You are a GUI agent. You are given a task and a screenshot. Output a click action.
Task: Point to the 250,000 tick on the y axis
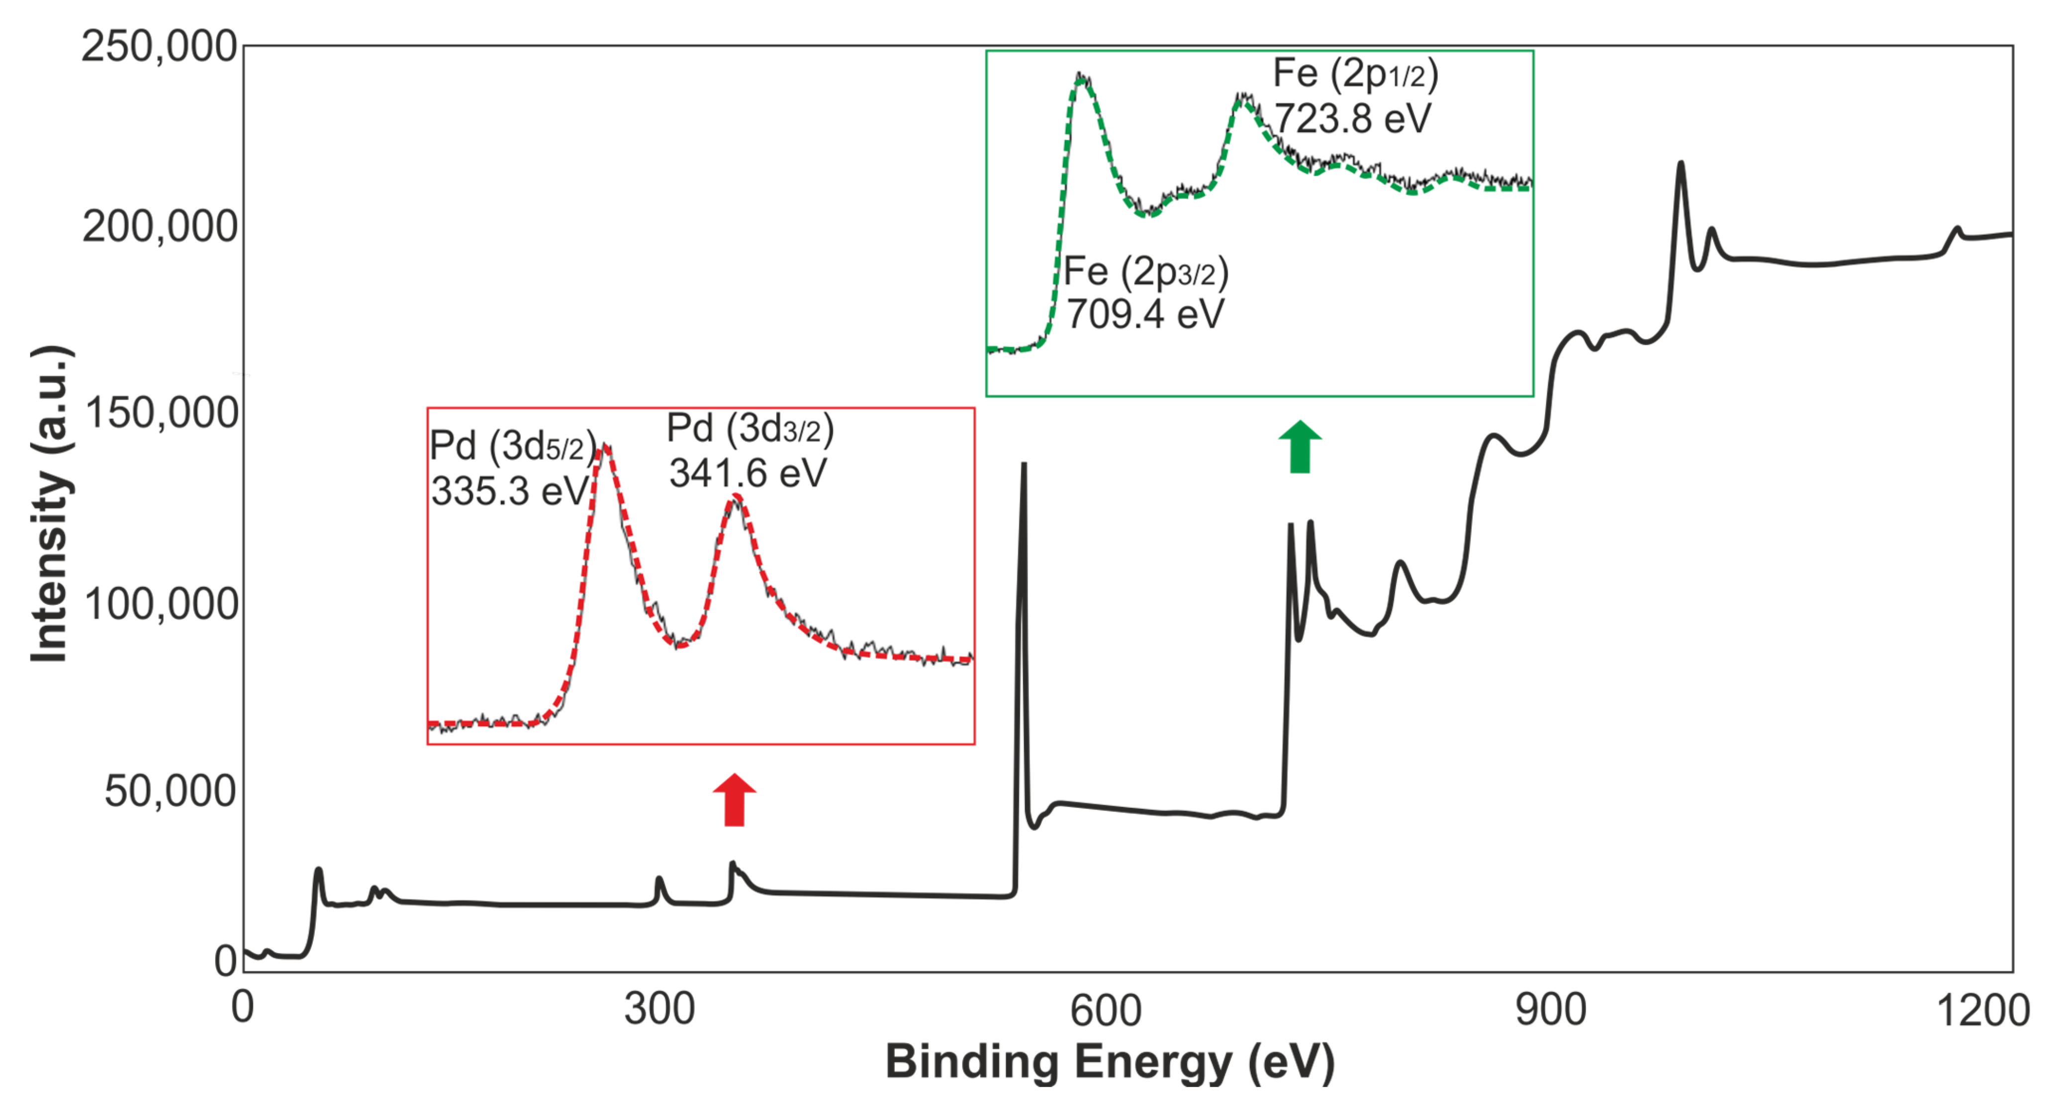pos(159,47)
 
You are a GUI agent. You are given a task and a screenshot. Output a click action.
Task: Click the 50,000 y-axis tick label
pos(170,792)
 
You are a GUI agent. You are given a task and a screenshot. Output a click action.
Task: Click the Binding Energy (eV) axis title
pos(1110,1062)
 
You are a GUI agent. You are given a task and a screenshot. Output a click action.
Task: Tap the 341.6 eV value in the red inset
pos(748,473)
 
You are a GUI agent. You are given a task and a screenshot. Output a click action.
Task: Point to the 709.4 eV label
pos(1145,314)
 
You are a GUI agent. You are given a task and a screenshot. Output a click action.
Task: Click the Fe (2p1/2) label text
pos(1355,74)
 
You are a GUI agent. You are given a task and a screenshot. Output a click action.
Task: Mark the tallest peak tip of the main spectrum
pos(1680,163)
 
